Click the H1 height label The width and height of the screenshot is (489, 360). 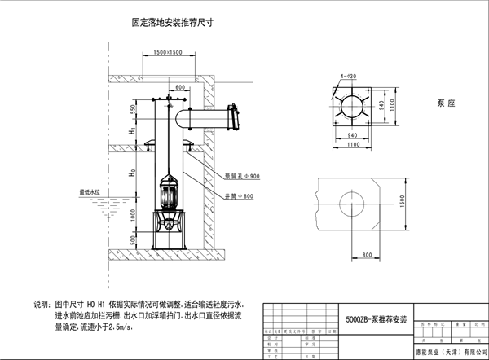tap(132, 131)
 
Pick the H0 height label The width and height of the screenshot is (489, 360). tap(133, 174)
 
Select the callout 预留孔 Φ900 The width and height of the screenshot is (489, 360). tap(241, 176)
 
